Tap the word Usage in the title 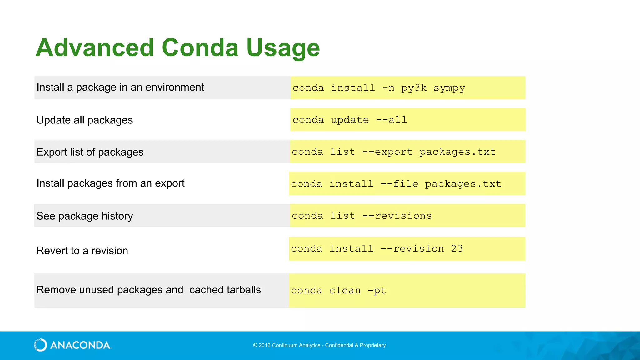coord(283,48)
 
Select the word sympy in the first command coord(449,88)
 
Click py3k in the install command coord(414,88)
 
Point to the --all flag coord(391,120)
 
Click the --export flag coord(387,152)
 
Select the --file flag coord(399,184)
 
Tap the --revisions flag coord(397,216)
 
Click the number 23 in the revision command coord(457,249)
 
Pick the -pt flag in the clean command coord(377,291)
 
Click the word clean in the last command coord(345,291)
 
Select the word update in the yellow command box coord(350,120)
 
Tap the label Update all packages coord(85,120)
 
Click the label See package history coord(85,216)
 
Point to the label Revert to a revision coord(82,251)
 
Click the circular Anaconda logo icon coord(40,345)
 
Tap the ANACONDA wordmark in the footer coord(80,345)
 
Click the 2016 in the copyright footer coord(264,345)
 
